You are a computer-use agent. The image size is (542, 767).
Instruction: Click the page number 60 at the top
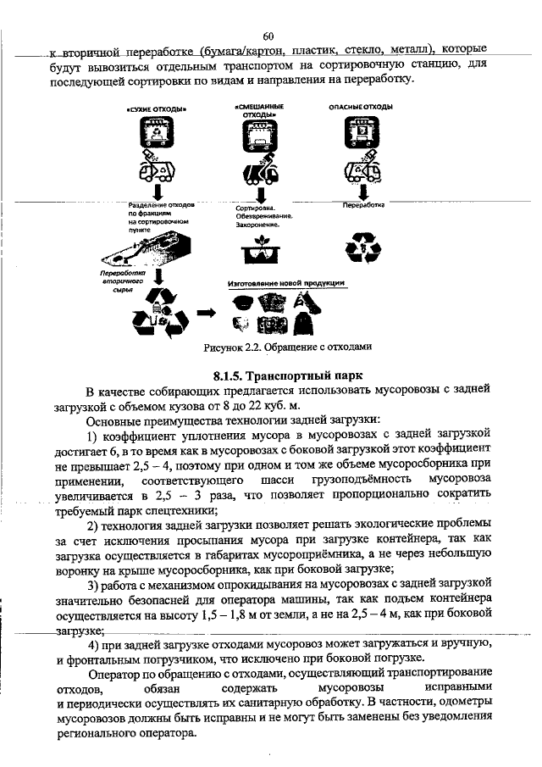tap(269, 36)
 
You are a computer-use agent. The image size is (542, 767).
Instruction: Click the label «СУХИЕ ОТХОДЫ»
tap(157, 109)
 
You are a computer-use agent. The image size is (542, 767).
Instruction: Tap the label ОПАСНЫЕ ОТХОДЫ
tap(360, 107)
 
